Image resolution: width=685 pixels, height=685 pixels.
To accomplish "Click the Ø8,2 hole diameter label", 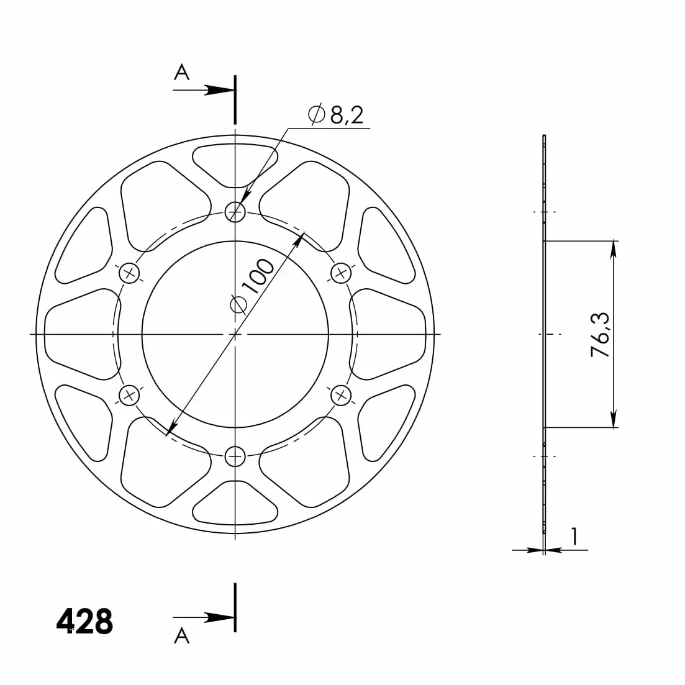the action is click(x=335, y=115).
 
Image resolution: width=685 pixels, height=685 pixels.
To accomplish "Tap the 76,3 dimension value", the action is click(x=601, y=335).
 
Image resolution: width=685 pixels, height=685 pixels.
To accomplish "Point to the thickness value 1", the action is click(x=574, y=537).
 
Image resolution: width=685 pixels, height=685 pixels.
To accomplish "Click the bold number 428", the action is click(x=84, y=621).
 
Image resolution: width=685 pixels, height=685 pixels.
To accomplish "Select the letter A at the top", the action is click(x=182, y=72).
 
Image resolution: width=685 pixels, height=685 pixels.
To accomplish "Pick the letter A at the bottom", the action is click(x=182, y=636).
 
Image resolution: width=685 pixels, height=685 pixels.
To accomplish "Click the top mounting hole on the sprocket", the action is click(x=235, y=212).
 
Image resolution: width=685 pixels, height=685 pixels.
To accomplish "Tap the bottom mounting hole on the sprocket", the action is click(x=235, y=456).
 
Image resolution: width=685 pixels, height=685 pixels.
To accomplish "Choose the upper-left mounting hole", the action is click(x=129, y=273).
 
